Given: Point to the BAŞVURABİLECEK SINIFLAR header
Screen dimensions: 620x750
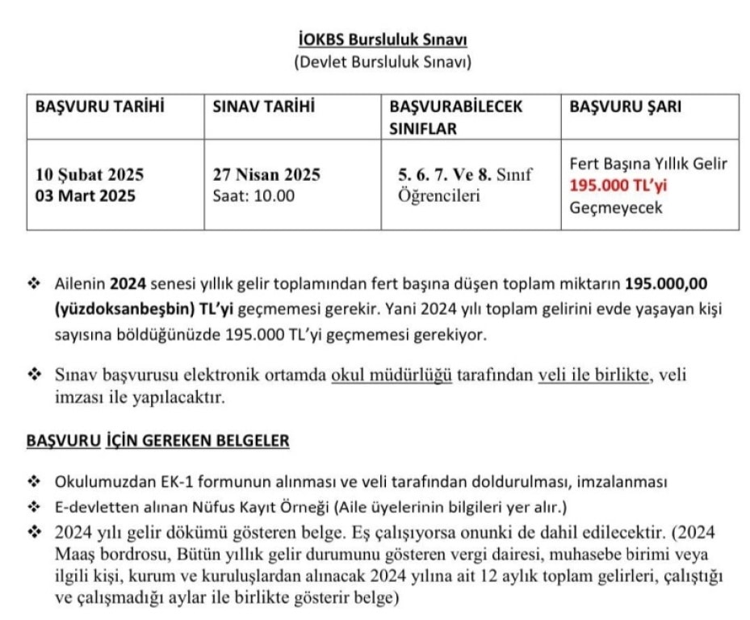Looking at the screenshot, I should tap(456, 117).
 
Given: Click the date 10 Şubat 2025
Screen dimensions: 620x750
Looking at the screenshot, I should tap(90, 174).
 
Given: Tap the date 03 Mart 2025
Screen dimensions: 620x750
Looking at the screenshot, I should tap(86, 195).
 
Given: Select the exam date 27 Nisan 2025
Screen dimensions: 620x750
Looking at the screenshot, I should tap(266, 174).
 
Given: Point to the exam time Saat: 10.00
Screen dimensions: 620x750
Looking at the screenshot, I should tap(253, 195).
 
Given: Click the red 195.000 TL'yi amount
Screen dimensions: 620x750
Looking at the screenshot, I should tap(619, 186).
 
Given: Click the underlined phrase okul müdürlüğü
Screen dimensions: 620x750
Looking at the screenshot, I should tap(392, 375).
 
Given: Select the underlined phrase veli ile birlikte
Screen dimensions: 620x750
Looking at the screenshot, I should tap(593, 375).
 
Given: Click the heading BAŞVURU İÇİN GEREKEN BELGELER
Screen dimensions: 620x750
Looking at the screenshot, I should tap(158, 441).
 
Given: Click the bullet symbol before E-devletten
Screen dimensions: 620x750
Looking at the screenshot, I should tap(35, 507).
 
